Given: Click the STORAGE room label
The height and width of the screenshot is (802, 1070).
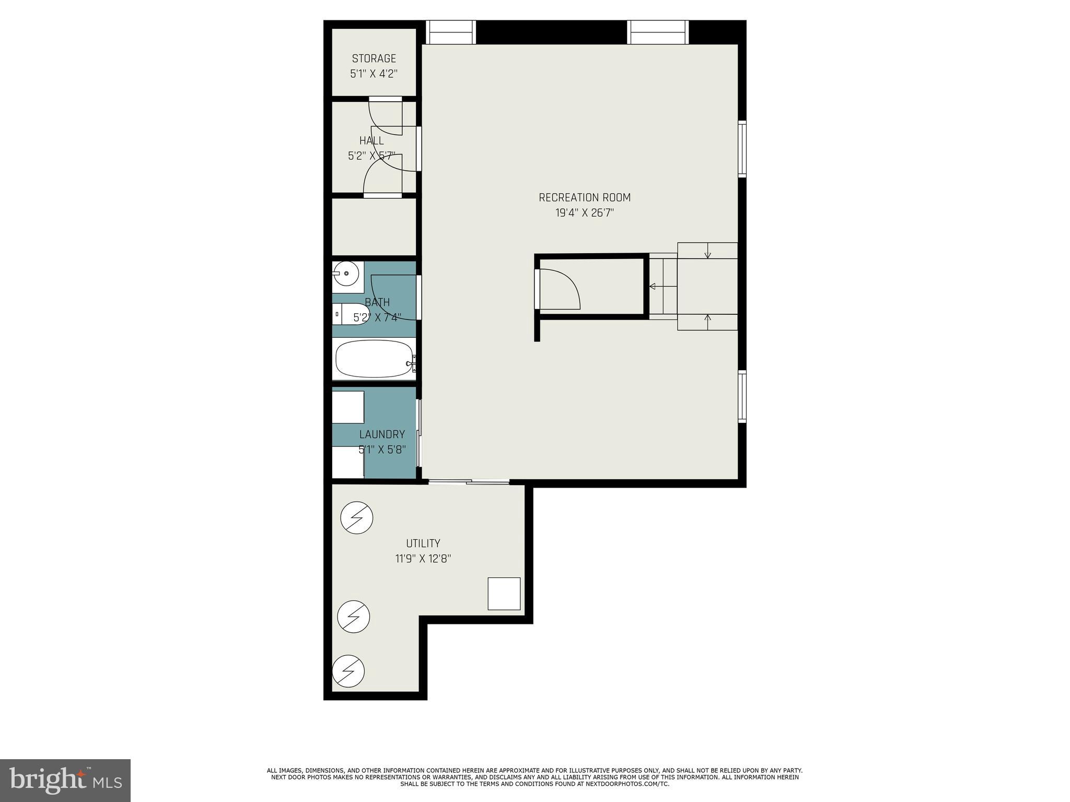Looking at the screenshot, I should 374,58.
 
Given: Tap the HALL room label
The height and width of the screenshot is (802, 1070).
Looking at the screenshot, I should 371,140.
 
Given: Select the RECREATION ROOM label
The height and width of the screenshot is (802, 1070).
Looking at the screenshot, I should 585,197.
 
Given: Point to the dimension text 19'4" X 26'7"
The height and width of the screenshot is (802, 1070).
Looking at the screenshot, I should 585,213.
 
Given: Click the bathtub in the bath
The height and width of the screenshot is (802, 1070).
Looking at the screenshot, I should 374,359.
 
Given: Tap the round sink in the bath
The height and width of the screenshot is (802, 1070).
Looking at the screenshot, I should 346,274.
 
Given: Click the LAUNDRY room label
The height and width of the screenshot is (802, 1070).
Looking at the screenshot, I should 382,434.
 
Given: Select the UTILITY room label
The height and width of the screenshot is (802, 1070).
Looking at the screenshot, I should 423,543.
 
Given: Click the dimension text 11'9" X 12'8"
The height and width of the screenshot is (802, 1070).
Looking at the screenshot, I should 423,559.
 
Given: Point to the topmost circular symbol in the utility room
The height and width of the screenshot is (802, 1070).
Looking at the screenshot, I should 357,518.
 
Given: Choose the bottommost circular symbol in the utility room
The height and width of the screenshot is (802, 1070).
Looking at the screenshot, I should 348,671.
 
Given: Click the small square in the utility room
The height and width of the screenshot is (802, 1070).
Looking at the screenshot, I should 504,594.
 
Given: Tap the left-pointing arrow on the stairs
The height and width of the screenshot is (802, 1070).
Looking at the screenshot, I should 653,286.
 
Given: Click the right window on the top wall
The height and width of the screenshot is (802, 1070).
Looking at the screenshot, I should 658,32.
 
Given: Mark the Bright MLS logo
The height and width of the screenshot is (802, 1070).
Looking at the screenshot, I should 65,780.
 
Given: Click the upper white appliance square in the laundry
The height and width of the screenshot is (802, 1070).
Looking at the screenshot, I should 348,407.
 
